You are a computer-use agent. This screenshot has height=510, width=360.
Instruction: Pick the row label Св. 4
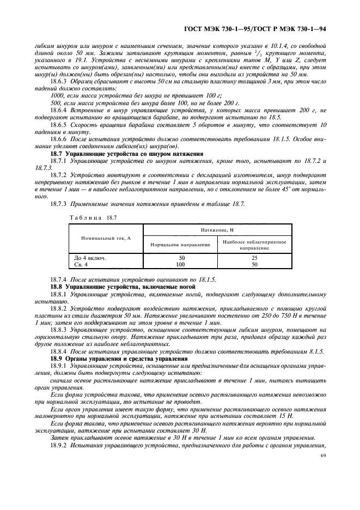tap(82, 264)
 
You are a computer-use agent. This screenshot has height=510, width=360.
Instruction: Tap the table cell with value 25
tap(254, 257)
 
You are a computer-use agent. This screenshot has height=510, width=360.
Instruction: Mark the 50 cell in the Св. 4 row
tap(254, 264)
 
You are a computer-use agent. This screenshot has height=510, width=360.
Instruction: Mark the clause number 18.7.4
tap(59, 280)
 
